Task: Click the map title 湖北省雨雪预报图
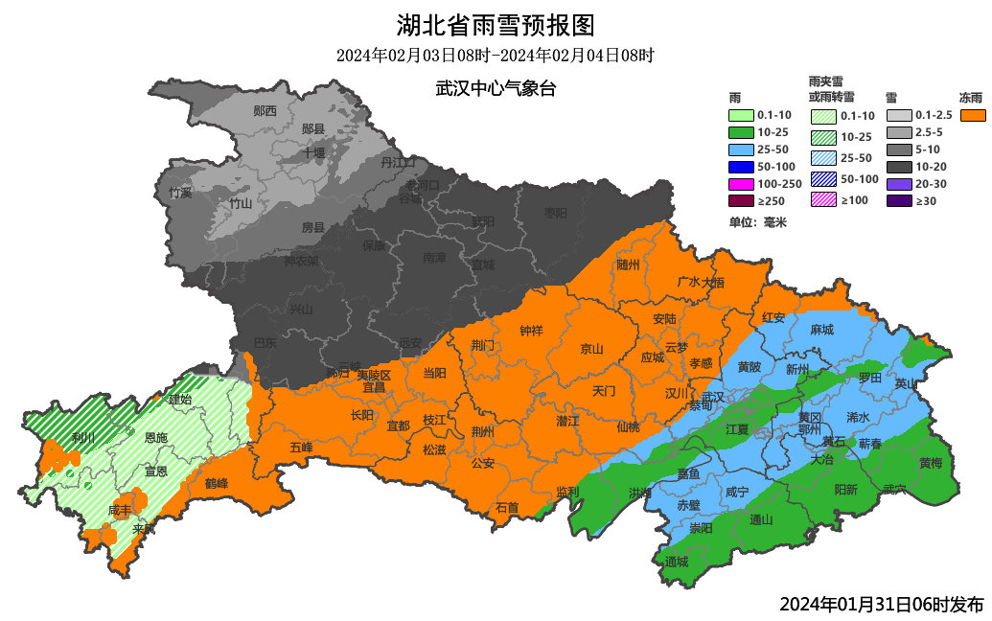pyautogui.click(x=496, y=24)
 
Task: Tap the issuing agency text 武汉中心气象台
pyautogui.click(x=496, y=88)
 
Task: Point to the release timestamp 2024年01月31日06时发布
pyautogui.click(x=881, y=604)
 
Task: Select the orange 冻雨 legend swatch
pyautogui.click(x=973, y=115)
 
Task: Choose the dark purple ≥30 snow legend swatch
pyautogui.click(x=898, y=201)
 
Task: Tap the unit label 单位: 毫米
pyautogui.click(x=757, y=222)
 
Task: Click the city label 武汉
pyautogui.click(x=712, y=397)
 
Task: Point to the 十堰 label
pyautogui.click(x=313, y=152)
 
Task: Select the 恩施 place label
pyautogui.click(x=155, y=437)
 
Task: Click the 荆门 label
pyautogui.click(x=483, y=344)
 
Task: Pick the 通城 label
pyautogui.click(x=676, y=561)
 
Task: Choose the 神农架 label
pyautogui.click(x=301, y=261)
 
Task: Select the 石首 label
pyautogui.click(x=507, y=507)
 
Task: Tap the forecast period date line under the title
pyautogui.click(x=496, y=56)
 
